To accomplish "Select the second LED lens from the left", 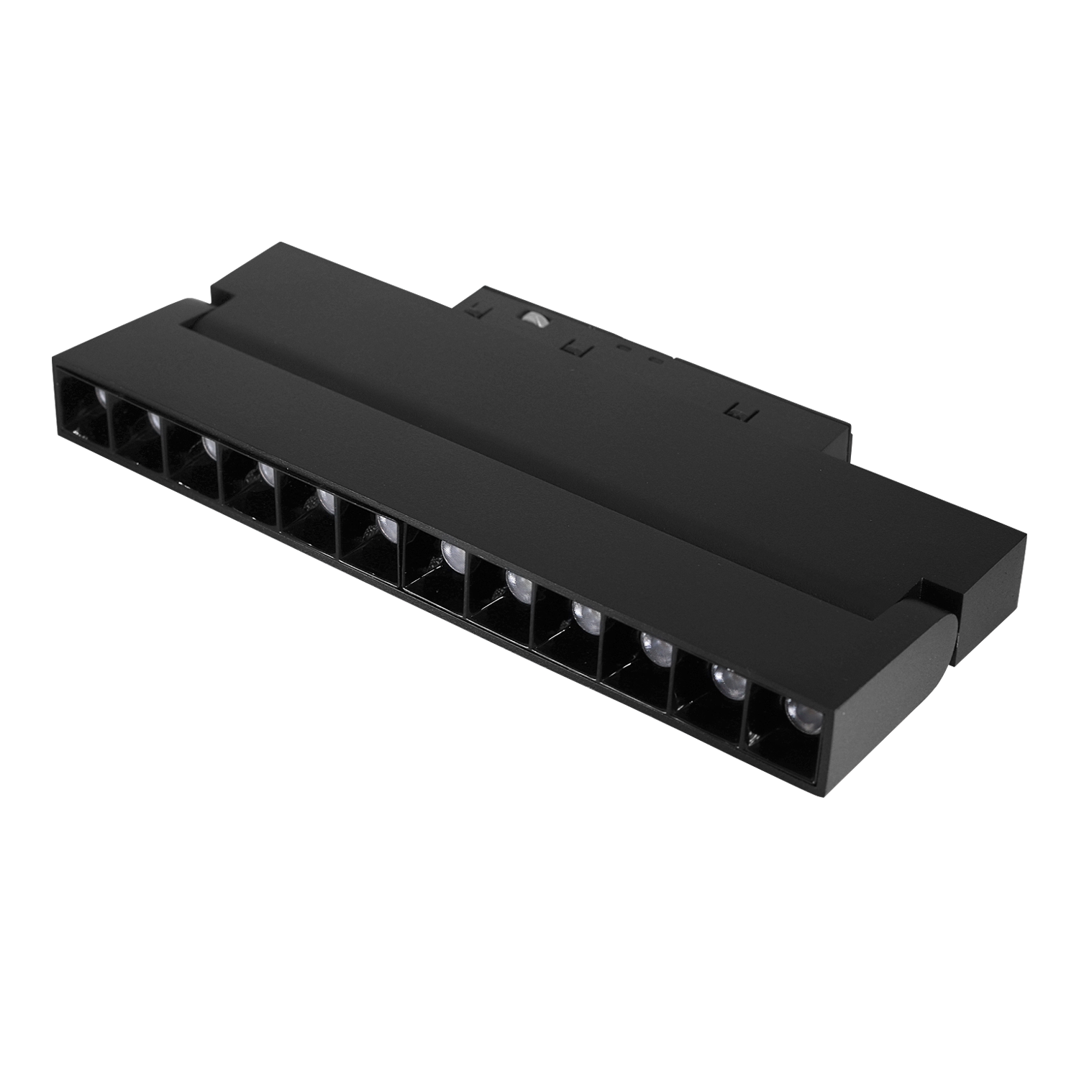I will click(154, 420).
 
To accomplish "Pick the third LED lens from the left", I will click(209, 447).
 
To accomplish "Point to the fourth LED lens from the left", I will click(265, 473).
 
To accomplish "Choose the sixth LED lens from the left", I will click(386, 529).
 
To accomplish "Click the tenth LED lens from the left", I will click(655, 645).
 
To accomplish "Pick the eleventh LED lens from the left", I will click(725, 678).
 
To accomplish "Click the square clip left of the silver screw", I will click(474, 310).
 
